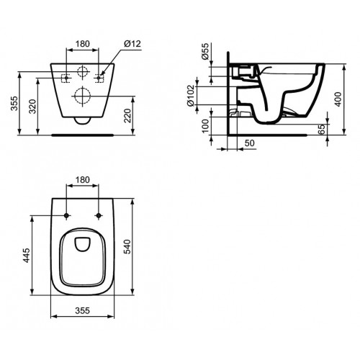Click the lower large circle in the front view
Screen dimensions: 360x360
coord(81,97)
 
